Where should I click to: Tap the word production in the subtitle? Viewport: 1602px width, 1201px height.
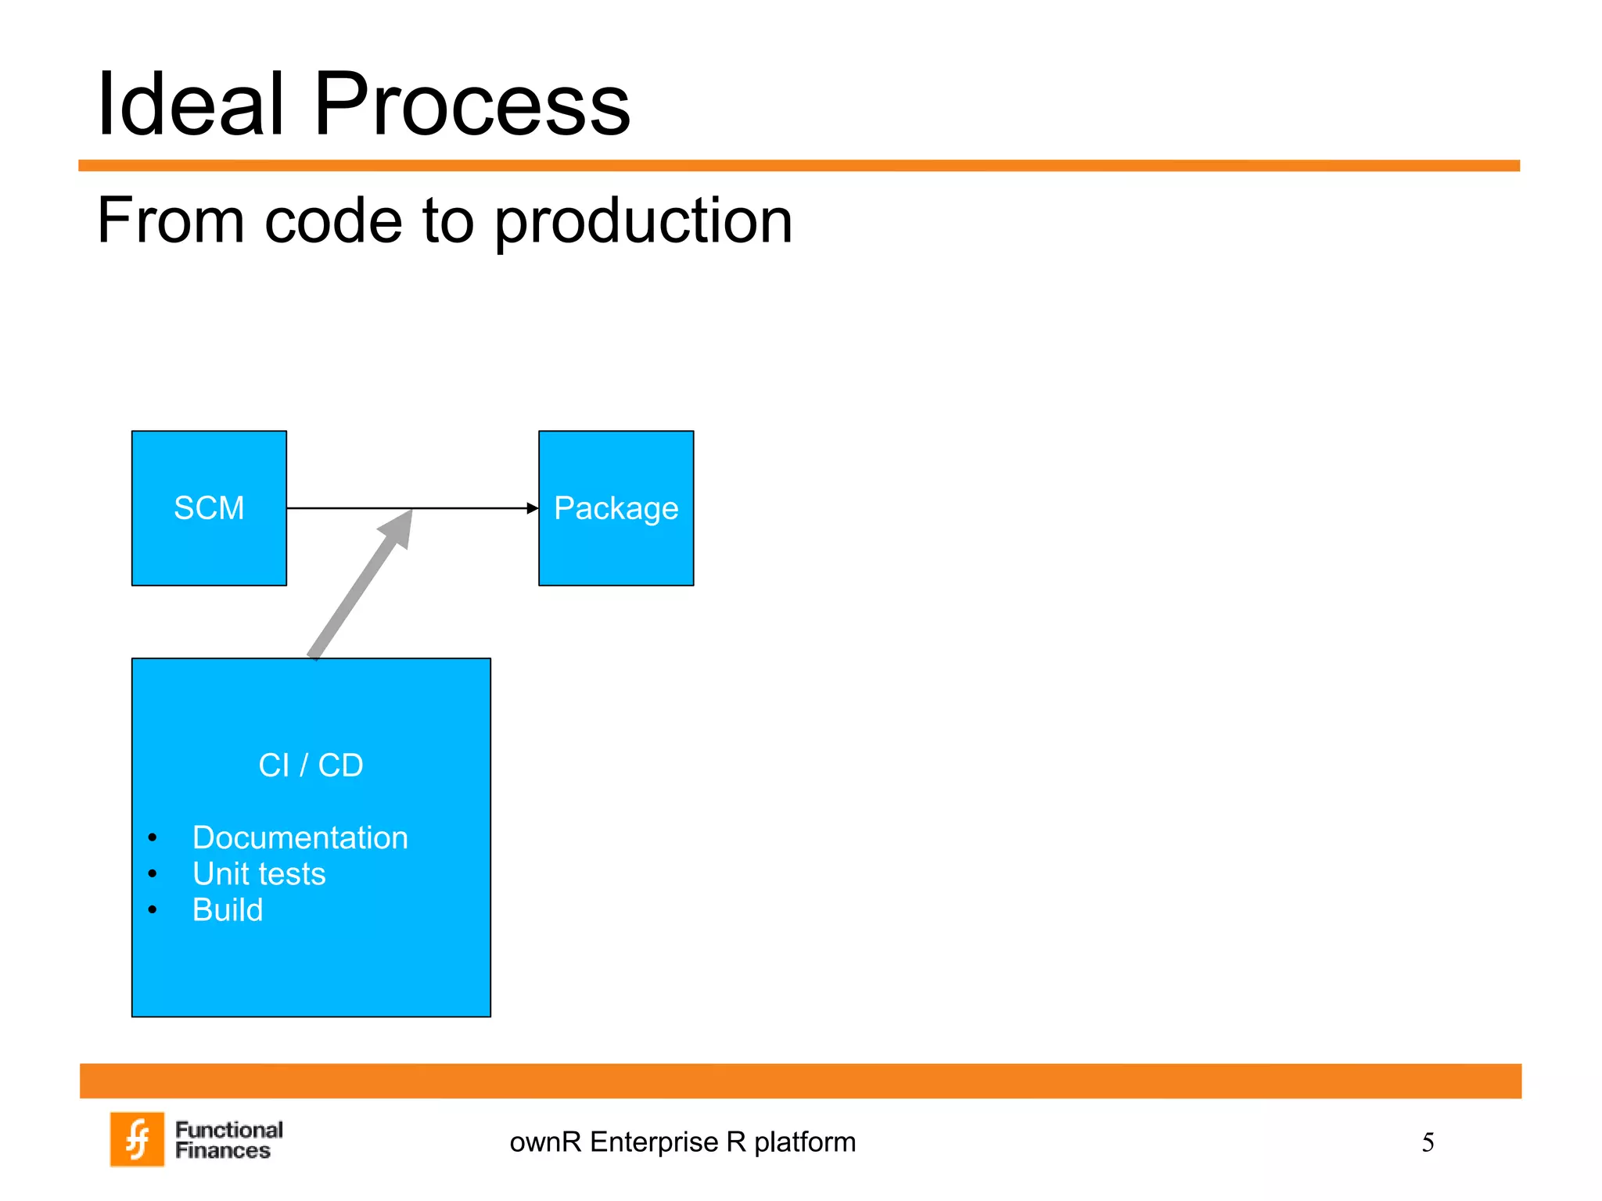643,222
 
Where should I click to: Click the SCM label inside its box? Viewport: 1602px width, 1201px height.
209,508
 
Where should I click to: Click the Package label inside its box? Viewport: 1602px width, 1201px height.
616,508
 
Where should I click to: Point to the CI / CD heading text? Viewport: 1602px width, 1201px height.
311,765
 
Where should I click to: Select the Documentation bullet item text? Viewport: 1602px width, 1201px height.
300,837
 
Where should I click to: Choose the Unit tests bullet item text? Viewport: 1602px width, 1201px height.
259,873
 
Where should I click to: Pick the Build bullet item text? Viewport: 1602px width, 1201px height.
228,909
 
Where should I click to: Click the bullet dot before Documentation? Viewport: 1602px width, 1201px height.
153,838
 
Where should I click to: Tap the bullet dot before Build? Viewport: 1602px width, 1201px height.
153,909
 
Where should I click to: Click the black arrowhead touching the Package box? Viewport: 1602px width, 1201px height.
533,508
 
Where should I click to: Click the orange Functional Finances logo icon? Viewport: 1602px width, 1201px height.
138,1139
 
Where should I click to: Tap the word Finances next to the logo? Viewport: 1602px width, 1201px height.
222,1151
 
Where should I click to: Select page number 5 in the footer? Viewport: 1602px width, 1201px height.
1428,1142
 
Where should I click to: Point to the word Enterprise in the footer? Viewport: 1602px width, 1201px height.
654,1142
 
